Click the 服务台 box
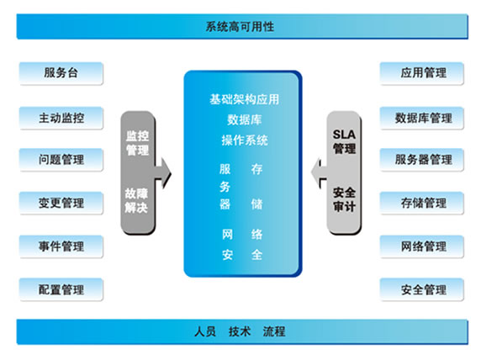(x=61, y=73)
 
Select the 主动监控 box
(x=61, y=118)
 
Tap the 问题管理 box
(x=61, y=160)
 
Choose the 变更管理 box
(x=61, y=203)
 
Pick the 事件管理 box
(x=61, y=246)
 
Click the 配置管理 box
(x=61, y=289)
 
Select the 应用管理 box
(x=422, y=73)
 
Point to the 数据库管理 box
(x=422, y=118)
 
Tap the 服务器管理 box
(x=422, y=160)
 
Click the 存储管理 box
(x=422, y=203)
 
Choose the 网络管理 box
(x=422, y=246)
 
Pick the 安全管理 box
(x=422, y=289)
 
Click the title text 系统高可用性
(x=240, y=27)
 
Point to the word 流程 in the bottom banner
(x=274, y=331)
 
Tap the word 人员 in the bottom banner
(x=205, y=331)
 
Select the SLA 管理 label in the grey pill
(x=344, y=141)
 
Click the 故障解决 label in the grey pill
(x=136, y=200)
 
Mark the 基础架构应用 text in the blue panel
(x=244, y=99)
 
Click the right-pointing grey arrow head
(x=166, y=173)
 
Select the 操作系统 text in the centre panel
(x=245, y=140)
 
